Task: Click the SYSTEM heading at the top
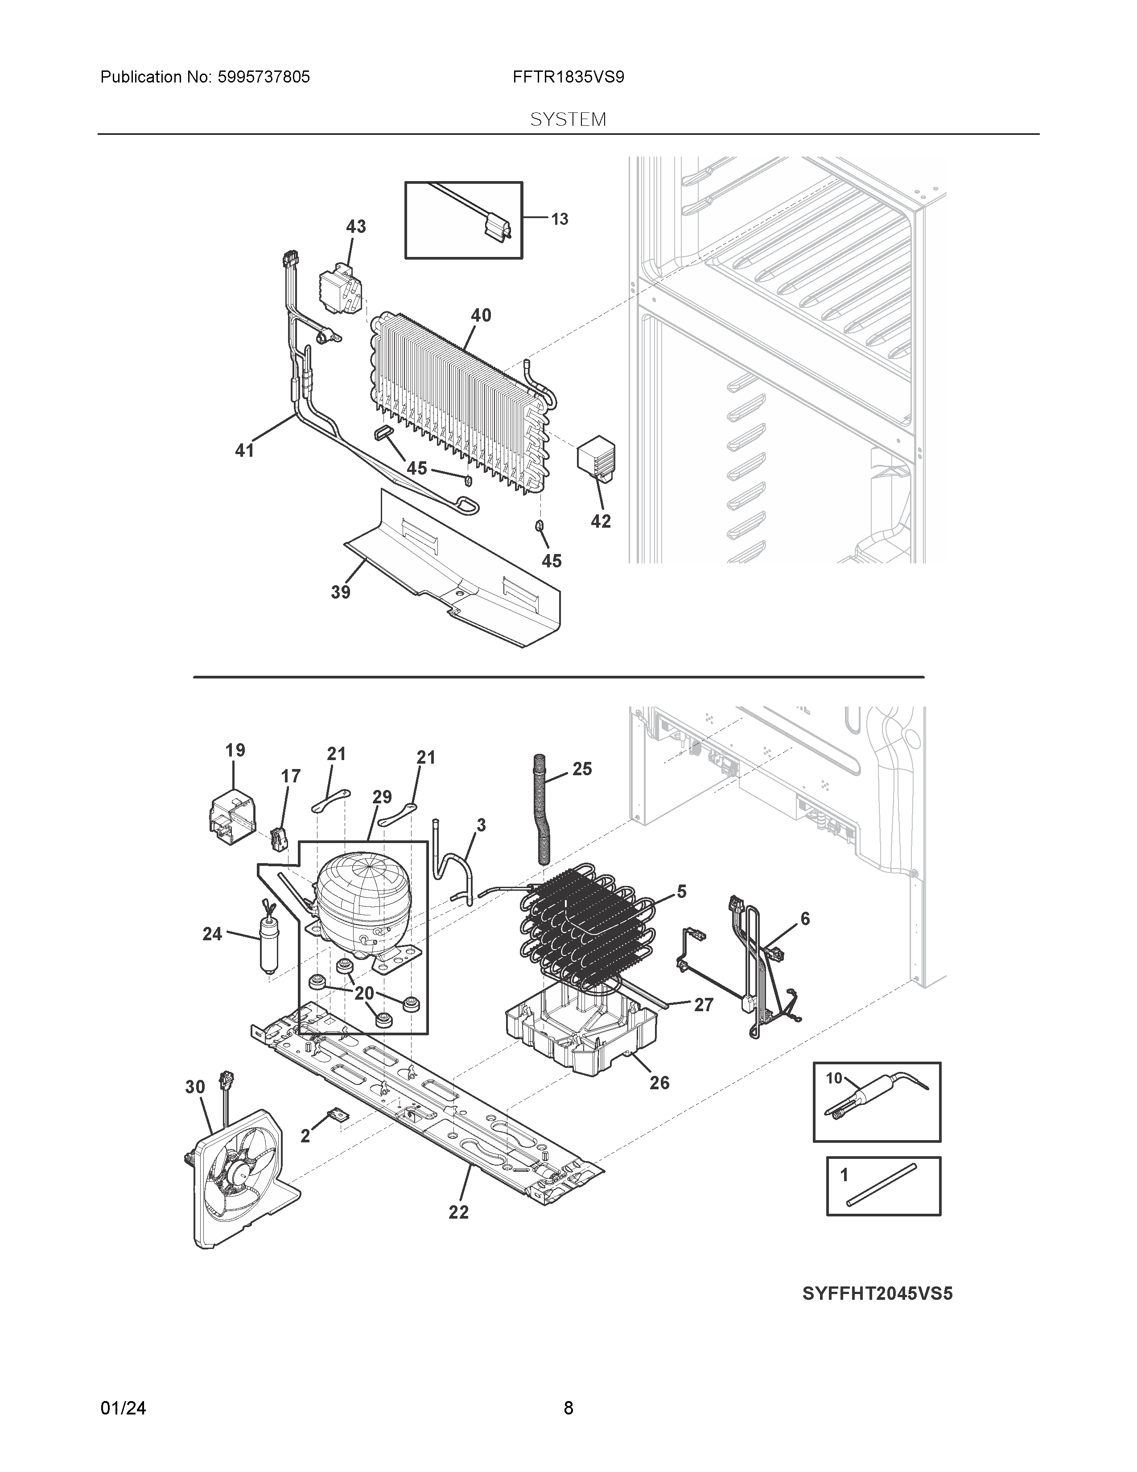[x=568, y=120]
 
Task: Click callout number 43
[x=356, y=227]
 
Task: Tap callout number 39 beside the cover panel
[x=340, y=592]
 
